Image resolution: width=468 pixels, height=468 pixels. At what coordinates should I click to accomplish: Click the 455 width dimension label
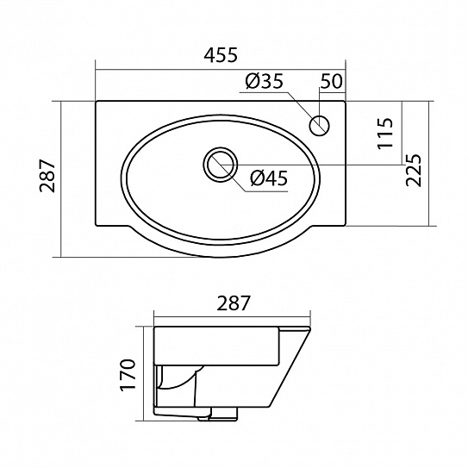click(221, 55)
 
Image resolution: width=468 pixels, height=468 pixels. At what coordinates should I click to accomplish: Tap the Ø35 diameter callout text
click(264, 81)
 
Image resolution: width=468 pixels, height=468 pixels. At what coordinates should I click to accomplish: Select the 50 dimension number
click(331, 81)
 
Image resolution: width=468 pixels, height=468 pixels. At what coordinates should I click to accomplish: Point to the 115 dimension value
click(385, 133)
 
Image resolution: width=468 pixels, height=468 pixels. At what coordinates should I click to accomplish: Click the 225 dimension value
click(414, 170)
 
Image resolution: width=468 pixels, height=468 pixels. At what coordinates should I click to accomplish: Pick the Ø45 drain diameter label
click(269, 178)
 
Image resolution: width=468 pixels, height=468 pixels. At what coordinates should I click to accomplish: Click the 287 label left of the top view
click(47, 176)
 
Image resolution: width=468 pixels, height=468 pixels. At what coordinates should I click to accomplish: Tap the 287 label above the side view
click(233, 303)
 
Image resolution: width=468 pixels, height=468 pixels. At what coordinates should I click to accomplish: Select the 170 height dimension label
click(128, 374)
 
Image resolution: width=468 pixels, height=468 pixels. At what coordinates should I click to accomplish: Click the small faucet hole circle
click(319, 125)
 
